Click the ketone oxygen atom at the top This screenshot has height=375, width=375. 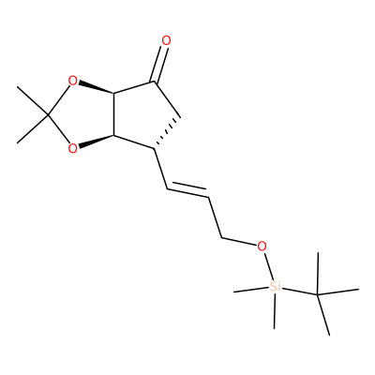[x=166, y=40]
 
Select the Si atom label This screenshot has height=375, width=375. [x=275, y=286]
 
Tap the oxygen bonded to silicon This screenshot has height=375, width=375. [x=262, y=247]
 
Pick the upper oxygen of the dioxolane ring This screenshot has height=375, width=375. [x=72, y=82]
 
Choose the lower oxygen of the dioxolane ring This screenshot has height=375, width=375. [x=72, y=148]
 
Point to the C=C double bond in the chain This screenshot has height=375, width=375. [x=187, y=191]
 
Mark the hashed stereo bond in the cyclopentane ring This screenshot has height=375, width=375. [x=168, y=132]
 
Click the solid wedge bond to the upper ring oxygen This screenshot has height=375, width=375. [x=96, y=88]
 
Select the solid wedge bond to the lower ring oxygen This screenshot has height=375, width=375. [x=96, y=141]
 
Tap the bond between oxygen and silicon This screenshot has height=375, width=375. [x=268, y=266]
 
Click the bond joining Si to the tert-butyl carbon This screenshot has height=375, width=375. [x=299, y=291]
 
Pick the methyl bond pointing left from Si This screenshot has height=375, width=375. [x=251, y=290]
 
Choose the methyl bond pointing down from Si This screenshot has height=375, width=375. [x=275, y=310]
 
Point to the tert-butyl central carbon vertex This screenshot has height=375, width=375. [x=318, y=294]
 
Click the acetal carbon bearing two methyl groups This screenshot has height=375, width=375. [x=48, y=115]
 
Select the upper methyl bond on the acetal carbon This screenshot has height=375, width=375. [x=33, y=101]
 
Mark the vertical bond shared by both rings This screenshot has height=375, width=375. [x=113, y=114]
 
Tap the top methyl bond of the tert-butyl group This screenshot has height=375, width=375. [x=318, y=273]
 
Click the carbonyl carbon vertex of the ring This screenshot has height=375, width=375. [x=154, y=82]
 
